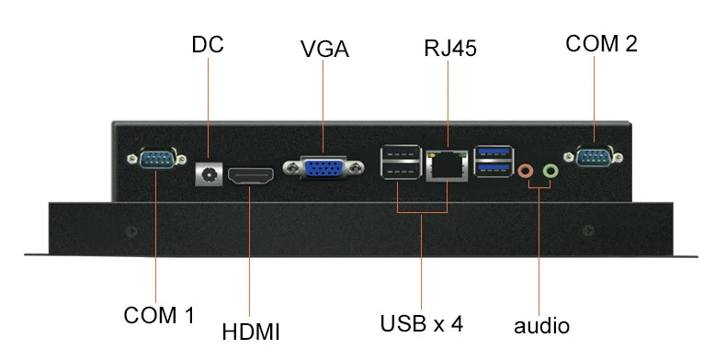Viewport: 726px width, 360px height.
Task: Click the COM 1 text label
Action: click(x=159, y=316)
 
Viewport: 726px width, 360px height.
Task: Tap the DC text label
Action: click(x=208, y=44)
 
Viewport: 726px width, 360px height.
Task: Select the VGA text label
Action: click(x=324, y=49)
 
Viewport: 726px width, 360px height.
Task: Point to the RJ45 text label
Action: click(x=450, y=48)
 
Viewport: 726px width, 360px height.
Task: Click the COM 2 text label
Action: click(x=601, y=43)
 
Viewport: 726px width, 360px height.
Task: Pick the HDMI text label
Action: click(x=251, y=332)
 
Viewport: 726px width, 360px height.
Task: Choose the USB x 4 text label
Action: click(x=421, y=323)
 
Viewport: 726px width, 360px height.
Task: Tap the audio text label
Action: click(x=541, y=326)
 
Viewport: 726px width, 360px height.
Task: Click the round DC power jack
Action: click(x=209, y=174)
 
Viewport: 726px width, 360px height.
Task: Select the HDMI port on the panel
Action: click(x=252, y=176)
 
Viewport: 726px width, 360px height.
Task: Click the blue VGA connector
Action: click(x=323, y=167)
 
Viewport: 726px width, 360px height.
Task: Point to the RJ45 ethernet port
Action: click(x=447, y=165)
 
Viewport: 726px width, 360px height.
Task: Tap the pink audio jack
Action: click(x=526, y=171)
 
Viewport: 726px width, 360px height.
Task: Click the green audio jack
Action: click(x=550, y=171)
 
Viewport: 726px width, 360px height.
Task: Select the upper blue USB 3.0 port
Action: click(x=493, y=152)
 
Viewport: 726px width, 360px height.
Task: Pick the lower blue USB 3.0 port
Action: click(x=493, y=168)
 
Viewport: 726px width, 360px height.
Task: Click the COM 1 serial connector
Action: click(x=157, y=159)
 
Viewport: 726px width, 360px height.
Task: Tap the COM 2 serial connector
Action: click(x=594, y=157)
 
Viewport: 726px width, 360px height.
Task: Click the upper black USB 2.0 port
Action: click(x=401, y=153)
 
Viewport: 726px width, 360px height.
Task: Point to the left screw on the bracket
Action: click(x=131, y=231)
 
